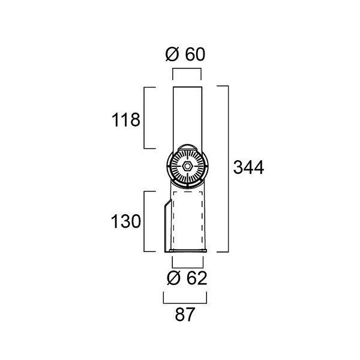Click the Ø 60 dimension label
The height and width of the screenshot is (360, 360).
[185, 55]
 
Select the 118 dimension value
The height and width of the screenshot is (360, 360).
[126, 120]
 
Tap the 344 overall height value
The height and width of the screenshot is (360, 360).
[248, 167]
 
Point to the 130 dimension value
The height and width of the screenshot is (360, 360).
[126, 221]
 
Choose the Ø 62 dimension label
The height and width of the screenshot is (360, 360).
[187, 278]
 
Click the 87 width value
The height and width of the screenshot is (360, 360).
[185, 314]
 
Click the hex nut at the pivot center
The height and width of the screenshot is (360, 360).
[187, 166]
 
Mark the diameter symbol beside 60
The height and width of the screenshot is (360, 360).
[172, 55]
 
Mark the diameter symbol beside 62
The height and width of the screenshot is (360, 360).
[173, 278]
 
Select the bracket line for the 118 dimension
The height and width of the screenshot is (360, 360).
[144, 118]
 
